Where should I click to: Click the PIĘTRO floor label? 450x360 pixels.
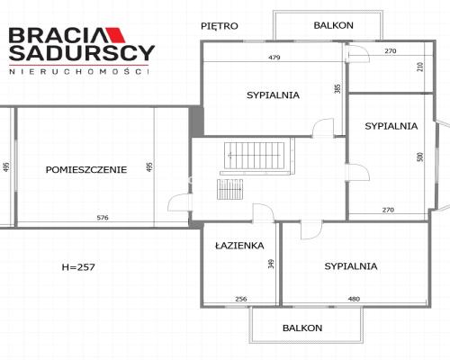click(x=220, y=26)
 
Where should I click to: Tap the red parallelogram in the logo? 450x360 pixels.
click(x=116, y=35)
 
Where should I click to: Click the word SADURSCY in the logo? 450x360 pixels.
click(x=82, y=53)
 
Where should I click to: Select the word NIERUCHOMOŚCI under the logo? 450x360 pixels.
click(x=79, y=72)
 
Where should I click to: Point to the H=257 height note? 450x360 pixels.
click(x=78, y=267)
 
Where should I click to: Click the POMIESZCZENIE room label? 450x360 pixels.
click(x=86, y=170)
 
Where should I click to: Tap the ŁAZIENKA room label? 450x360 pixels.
click(x=239, y=246)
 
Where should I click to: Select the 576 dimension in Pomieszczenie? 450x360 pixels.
click(x=103, y=218)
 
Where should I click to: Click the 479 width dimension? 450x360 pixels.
click(x=274, y=58)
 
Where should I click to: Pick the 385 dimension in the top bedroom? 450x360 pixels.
click(x=337, y=88)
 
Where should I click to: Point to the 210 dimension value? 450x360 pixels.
click(x=420, y=67)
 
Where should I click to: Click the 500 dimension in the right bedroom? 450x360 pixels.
click(x=420, y=157)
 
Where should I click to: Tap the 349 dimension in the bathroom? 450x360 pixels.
click(x=271, y=264)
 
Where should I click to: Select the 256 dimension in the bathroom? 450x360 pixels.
click(x=241, y=299)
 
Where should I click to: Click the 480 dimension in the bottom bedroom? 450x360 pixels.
click(x=354, y=299)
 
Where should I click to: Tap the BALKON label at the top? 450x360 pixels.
click(x=334, y=25)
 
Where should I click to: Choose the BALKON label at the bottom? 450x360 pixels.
click(x=302, y=328)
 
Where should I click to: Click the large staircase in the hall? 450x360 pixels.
click(x=255, y=156)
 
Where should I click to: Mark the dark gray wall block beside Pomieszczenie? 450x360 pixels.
click(x=197, y=121)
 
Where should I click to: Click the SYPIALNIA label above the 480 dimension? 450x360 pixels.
click(x=351, y=266)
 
